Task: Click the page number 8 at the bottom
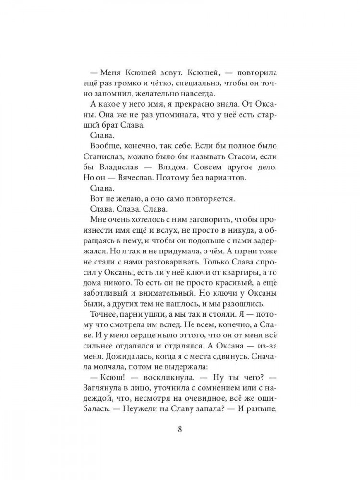pyautogui.click(x=180, y=429)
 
